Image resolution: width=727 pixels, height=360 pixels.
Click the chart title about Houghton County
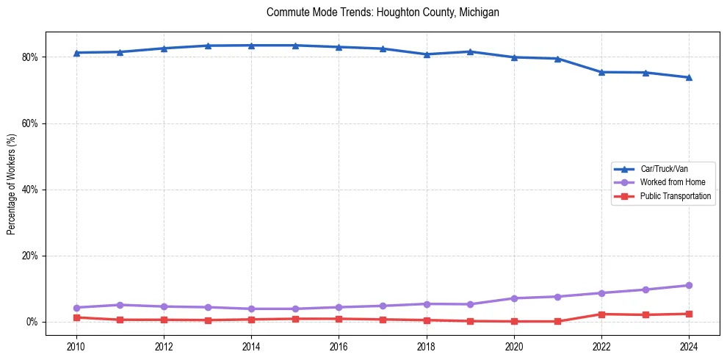click(383, 12)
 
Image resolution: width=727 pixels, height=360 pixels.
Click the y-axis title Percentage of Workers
click(12, 184)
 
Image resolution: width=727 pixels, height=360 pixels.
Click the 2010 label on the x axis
click(76, 346)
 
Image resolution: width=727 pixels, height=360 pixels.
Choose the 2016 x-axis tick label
click(339, 346)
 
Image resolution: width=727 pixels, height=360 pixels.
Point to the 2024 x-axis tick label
click(689, 346)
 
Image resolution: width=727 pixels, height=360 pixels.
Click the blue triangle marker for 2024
click(689, 77)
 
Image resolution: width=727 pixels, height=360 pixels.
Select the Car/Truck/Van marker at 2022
click(601, 72)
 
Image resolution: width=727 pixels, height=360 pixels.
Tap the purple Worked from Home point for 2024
click(689, 285)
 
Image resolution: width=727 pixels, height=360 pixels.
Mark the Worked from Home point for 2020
click(514, 298)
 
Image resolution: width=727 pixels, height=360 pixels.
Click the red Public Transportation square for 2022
click(601, 314)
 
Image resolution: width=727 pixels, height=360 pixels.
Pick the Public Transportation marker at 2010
click(76, 317)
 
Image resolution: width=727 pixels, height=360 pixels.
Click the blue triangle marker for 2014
click(251, 46)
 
